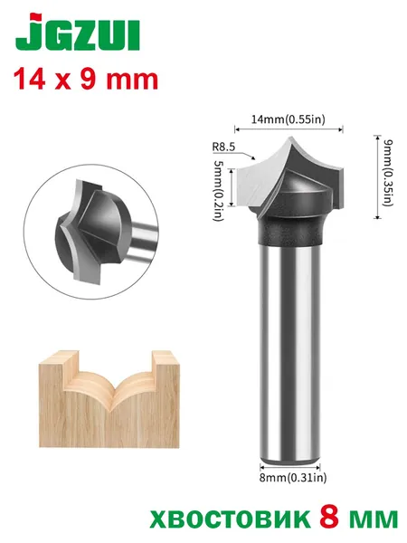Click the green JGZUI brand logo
click(78, 33)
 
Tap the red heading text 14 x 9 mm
click(86, 80)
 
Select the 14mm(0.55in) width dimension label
click(289, 119)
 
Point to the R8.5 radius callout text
click(223, 147)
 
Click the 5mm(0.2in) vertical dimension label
click(219, 190)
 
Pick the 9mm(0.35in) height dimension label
click(389, 173)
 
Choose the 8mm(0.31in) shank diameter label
click(293, 478)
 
